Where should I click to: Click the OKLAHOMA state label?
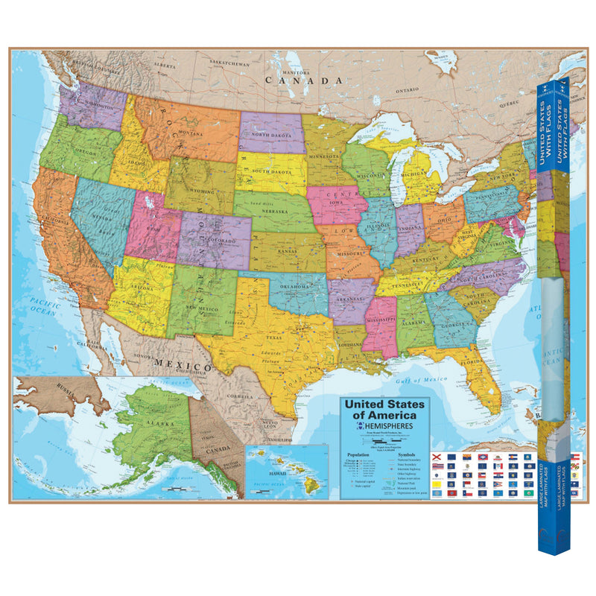296,286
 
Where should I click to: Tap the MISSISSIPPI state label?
383,326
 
